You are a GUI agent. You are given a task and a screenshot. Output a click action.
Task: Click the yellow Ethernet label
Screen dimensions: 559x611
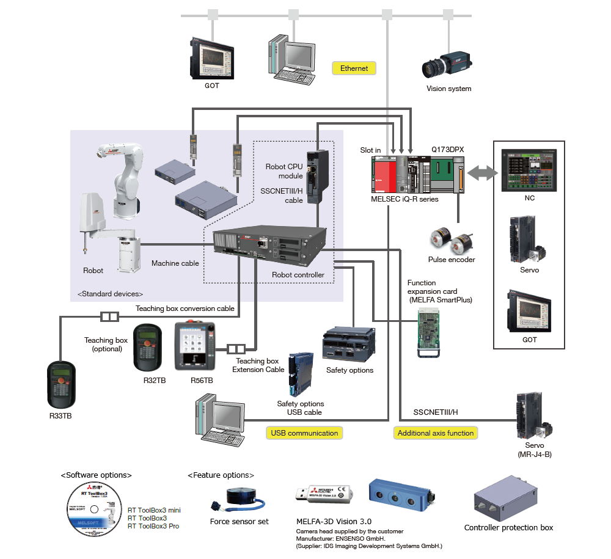pos(354,68)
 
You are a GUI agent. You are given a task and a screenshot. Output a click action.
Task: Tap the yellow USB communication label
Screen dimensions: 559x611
pos(304,433)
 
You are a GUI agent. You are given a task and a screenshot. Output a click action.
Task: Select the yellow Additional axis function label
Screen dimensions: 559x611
pos(435,433)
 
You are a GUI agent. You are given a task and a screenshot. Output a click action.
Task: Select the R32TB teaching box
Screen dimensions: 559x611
pos(150,348)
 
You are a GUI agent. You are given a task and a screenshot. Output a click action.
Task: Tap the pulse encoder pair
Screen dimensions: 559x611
pos(451,241)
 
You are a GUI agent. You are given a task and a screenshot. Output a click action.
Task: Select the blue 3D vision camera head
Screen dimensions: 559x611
pos(402,494)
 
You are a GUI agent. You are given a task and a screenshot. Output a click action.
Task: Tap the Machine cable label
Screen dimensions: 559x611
pos(175,263)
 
